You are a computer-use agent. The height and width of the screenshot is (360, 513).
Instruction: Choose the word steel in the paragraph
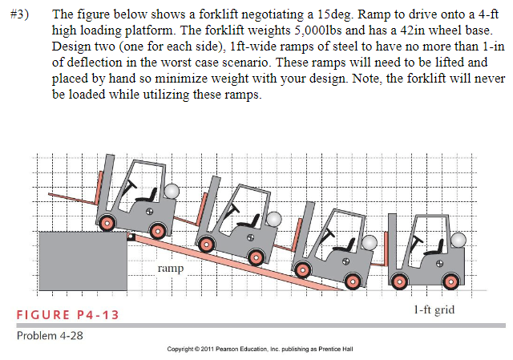tap(320, 47)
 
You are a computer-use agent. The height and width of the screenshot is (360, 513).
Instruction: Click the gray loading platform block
tap(82, 260)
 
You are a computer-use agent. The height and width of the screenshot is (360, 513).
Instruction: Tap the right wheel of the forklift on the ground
tap(450, 280)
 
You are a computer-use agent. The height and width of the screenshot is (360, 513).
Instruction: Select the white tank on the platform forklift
tap(171, 192)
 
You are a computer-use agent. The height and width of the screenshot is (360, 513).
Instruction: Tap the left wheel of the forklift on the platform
tap(109, 221)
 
